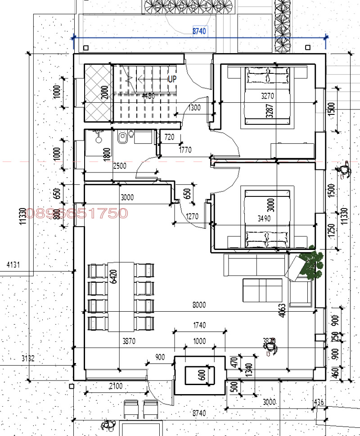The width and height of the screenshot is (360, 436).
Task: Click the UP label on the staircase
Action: tap(172, 79)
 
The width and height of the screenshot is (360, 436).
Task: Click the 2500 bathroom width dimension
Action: tap(119, 166)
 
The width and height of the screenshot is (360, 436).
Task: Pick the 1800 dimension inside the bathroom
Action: tap(107, 154)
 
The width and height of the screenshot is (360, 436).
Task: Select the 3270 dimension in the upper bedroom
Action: tap(268, 96)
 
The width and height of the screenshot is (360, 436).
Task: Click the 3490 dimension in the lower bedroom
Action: tap(265, 219)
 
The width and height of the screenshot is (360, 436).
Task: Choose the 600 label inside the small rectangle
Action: tap(201, 375)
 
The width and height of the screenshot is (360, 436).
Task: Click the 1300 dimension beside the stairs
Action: tap(194, 108)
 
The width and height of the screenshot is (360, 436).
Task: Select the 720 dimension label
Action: tap(169, 137)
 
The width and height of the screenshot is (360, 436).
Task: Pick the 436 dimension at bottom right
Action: tap(319, 402)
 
